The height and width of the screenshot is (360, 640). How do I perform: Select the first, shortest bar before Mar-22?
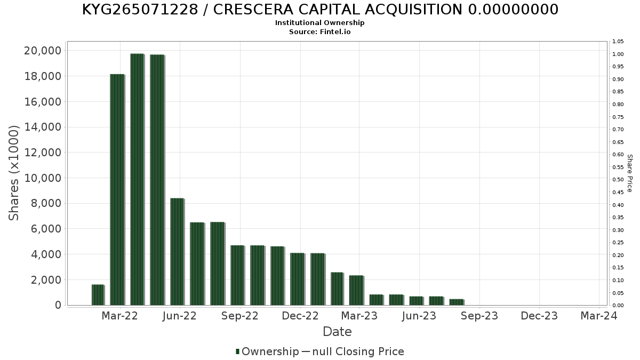[x=98, y=295]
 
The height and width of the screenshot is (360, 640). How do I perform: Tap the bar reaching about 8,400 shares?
[x=177, y=252]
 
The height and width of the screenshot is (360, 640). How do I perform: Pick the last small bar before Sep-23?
[x=456, y=302]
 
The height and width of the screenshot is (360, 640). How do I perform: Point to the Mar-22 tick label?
[x=120, y=316]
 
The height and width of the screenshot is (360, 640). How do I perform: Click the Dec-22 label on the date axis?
[x=300, y=316]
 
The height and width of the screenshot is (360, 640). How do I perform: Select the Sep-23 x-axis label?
[x=479, y=316]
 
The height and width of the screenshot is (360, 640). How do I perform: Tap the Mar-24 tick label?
[x=599, y=316]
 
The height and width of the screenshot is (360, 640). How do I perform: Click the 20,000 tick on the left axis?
[x=43, y=51]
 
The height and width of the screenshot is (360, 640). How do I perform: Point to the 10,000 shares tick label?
[x=43, y=178]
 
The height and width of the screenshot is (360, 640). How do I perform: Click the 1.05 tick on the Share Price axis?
[x=618, y=42]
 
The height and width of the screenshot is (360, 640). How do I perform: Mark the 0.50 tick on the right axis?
[x=618, y=180]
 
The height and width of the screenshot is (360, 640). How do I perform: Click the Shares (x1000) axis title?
[x=14, y=173]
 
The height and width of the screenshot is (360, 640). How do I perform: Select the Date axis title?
[x=337, y=332]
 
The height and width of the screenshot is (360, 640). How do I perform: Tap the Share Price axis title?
[x=629, y=173]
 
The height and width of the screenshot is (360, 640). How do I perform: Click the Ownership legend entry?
[x=267, y=351]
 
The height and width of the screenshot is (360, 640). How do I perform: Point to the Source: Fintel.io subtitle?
[x=320, y=31]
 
